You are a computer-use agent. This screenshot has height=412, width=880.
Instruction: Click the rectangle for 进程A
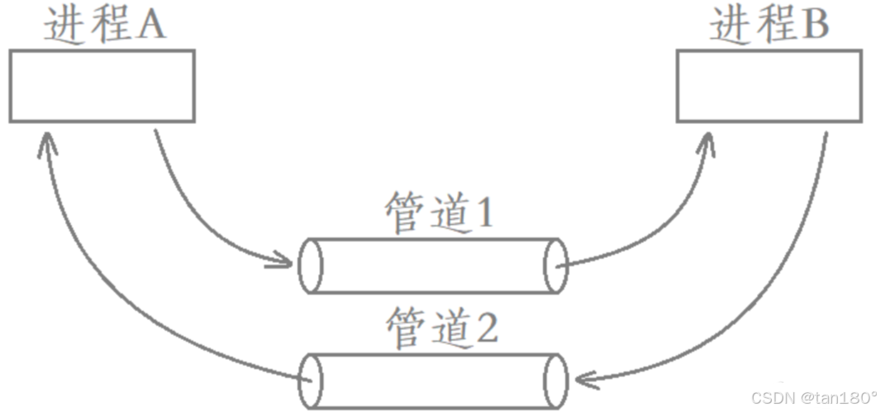pyautogui.click(x=102, y=86)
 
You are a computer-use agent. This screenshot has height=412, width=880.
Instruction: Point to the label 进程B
pyautogui.click(x=768, y=26)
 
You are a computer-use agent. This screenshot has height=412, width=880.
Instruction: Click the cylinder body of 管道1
pyautogui.click(x=433, y=266)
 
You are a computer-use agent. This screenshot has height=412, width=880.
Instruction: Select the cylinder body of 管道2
pyautogui.click(x=433, y=381)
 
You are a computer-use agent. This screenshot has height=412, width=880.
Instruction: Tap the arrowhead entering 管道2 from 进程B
pyautogui.click(x=583, y=381)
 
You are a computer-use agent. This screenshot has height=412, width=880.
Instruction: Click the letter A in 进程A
pyautogui.click(x=151, y=26)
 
